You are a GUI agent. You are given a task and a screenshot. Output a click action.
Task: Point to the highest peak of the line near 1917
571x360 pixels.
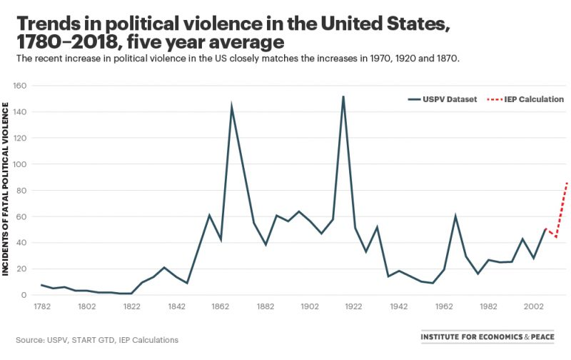(x=343, y=96)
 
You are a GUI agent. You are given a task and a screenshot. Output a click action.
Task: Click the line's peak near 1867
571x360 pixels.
(x=231, y=106)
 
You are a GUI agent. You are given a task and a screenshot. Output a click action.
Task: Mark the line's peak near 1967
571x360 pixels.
(x=455, y=216)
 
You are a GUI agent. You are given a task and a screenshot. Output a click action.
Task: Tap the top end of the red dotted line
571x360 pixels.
(x=567, y=183)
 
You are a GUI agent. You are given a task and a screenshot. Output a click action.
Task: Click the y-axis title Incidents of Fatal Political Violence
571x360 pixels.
(x=6, y=189)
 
